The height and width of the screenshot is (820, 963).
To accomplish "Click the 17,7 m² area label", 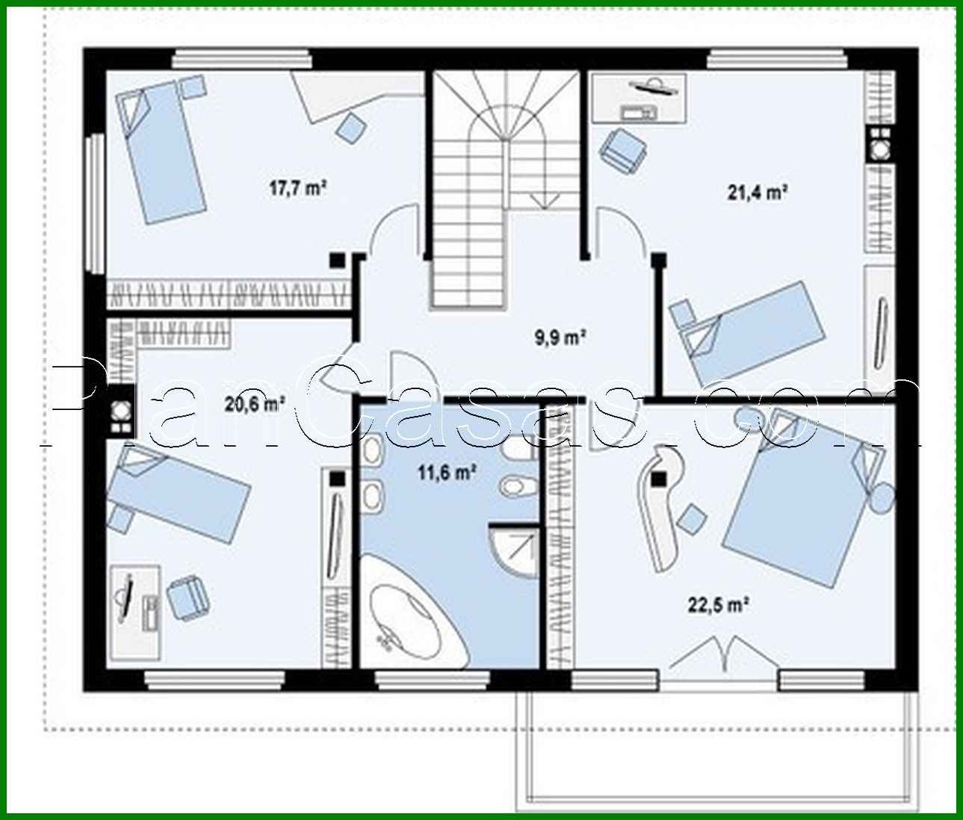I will (298, 187).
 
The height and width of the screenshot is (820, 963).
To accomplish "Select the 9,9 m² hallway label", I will (559, 338).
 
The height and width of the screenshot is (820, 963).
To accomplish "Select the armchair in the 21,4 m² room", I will (621, 147).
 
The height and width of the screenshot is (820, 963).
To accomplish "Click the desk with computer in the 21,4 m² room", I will (639, 98).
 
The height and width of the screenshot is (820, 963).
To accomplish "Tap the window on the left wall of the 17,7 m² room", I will (95, 204).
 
